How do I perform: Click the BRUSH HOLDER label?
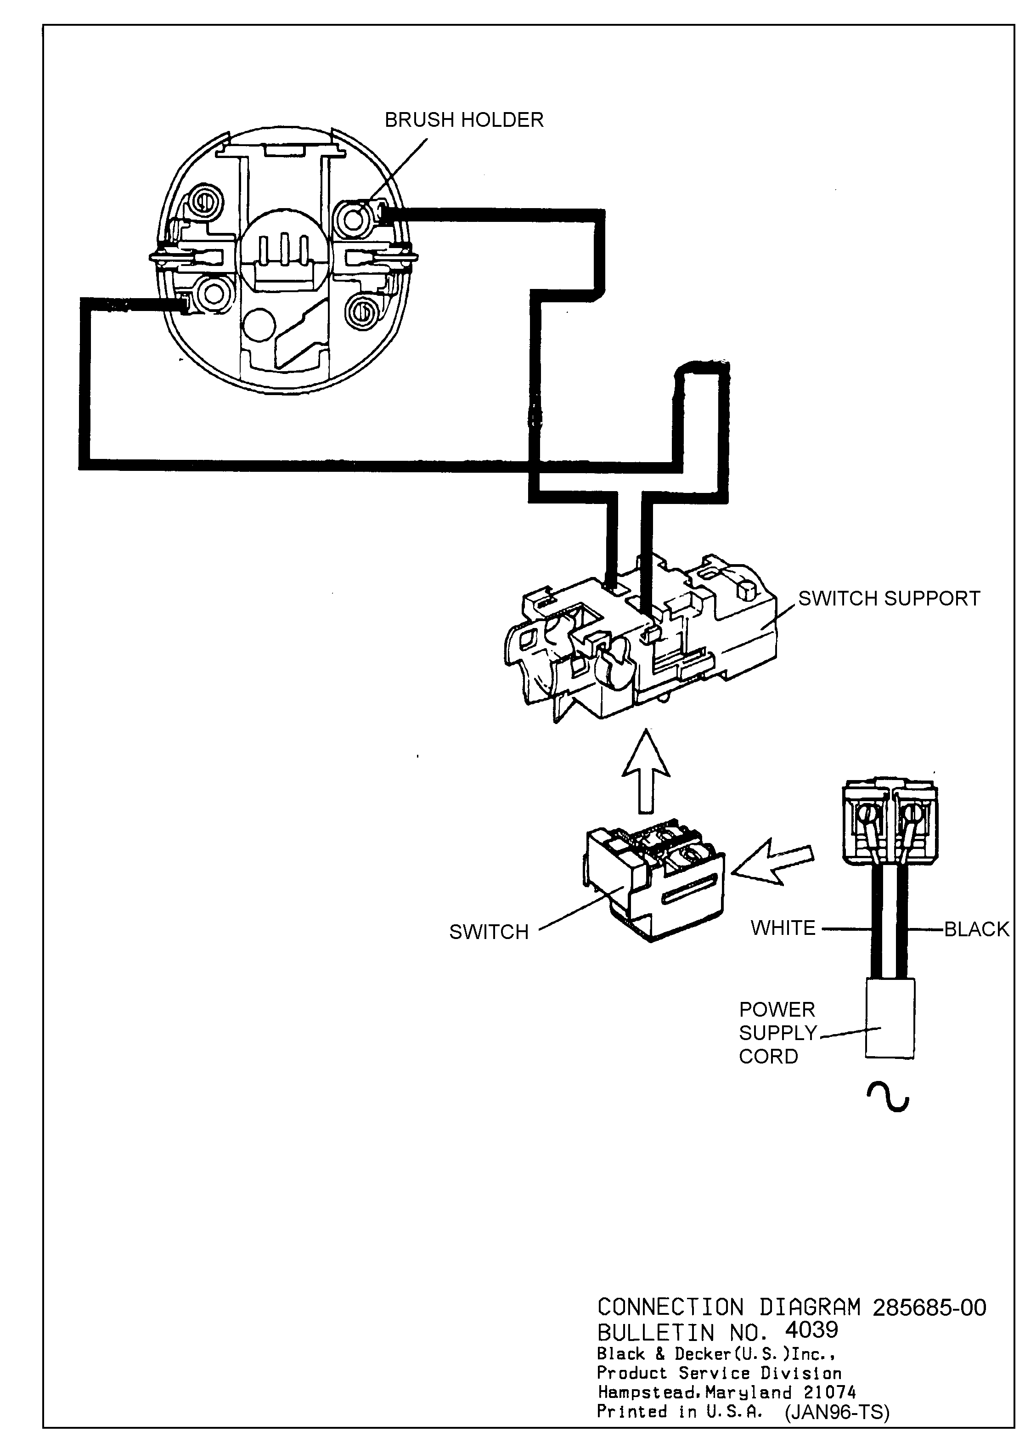(464, 120)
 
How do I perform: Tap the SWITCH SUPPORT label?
(889, 599)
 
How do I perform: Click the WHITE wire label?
(783, 928)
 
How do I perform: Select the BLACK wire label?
(976, 929)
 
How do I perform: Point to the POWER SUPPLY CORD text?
(777, 1033)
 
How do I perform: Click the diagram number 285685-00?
(929, 1307)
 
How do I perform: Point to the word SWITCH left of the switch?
(489, 932)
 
